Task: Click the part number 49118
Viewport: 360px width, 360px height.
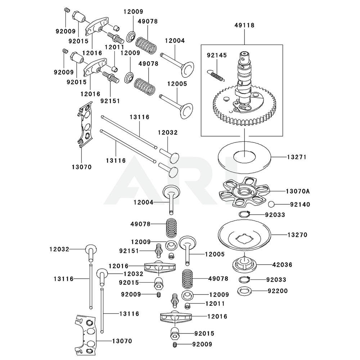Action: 244,25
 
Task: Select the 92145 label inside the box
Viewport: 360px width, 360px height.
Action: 217,55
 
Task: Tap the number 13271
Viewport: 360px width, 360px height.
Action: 297,157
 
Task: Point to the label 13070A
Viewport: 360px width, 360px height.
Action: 298,191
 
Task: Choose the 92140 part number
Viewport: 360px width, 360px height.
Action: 300,204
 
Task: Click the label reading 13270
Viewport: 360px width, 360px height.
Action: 297,235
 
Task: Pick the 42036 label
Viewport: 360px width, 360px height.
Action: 283,265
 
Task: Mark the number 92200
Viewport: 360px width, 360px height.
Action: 278,291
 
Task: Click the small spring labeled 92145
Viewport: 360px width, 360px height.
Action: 217,75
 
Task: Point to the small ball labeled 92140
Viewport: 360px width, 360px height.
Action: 271,204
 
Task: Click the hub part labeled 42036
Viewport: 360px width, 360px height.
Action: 245,265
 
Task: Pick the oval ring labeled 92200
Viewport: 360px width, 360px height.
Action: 244,291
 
